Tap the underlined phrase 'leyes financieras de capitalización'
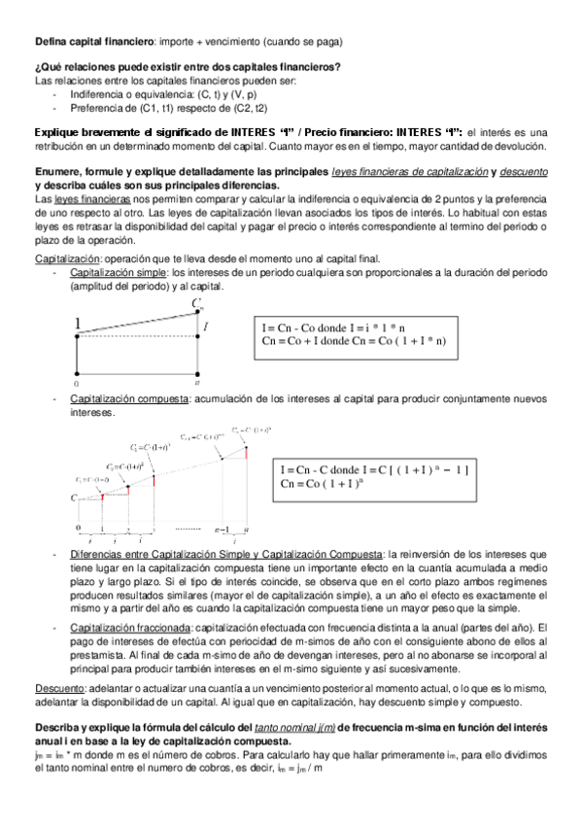point(409,172)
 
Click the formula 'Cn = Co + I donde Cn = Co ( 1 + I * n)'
point(354,341)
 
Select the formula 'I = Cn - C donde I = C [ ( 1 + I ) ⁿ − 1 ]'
point(374,469)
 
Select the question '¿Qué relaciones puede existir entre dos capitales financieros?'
point(188,67)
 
